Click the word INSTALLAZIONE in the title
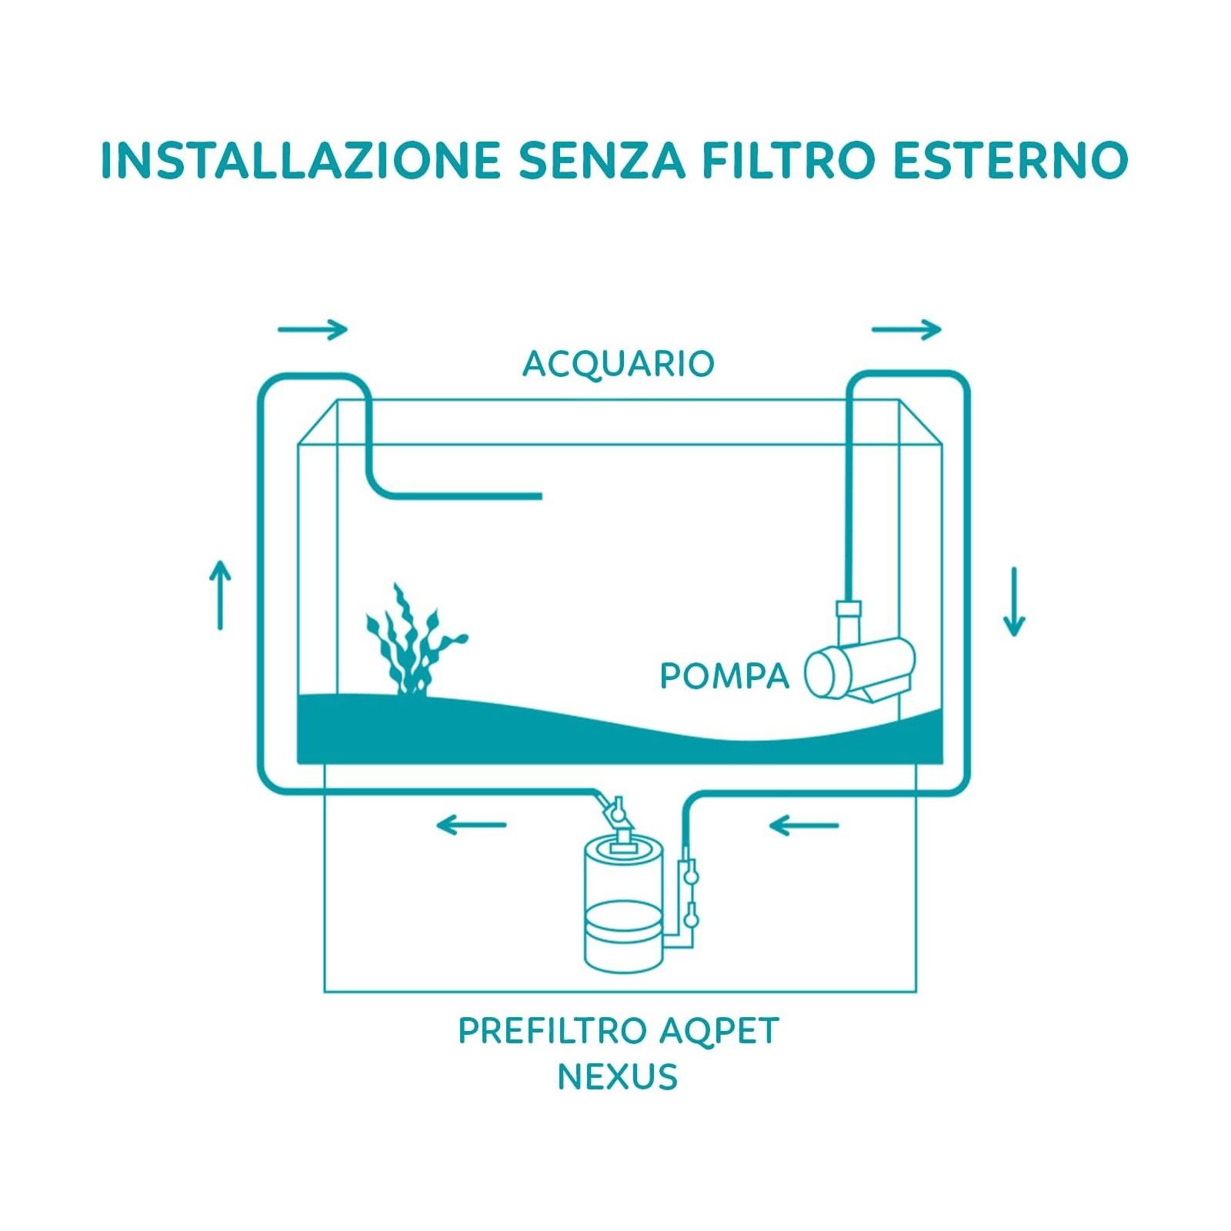pos(301,160)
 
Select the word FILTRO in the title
pos(789,160)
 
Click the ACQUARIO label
pos(619,364)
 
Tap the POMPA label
pos(725,676)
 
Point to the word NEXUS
pos(618,1077)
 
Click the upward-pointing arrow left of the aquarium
pos(220,595)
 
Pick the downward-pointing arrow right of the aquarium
pos(1014,602)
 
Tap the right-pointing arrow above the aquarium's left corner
pos(313,329)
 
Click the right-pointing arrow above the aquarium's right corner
pos(906,329)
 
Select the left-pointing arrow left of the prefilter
pos(471,826)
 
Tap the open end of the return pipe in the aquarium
pos(540,496)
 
